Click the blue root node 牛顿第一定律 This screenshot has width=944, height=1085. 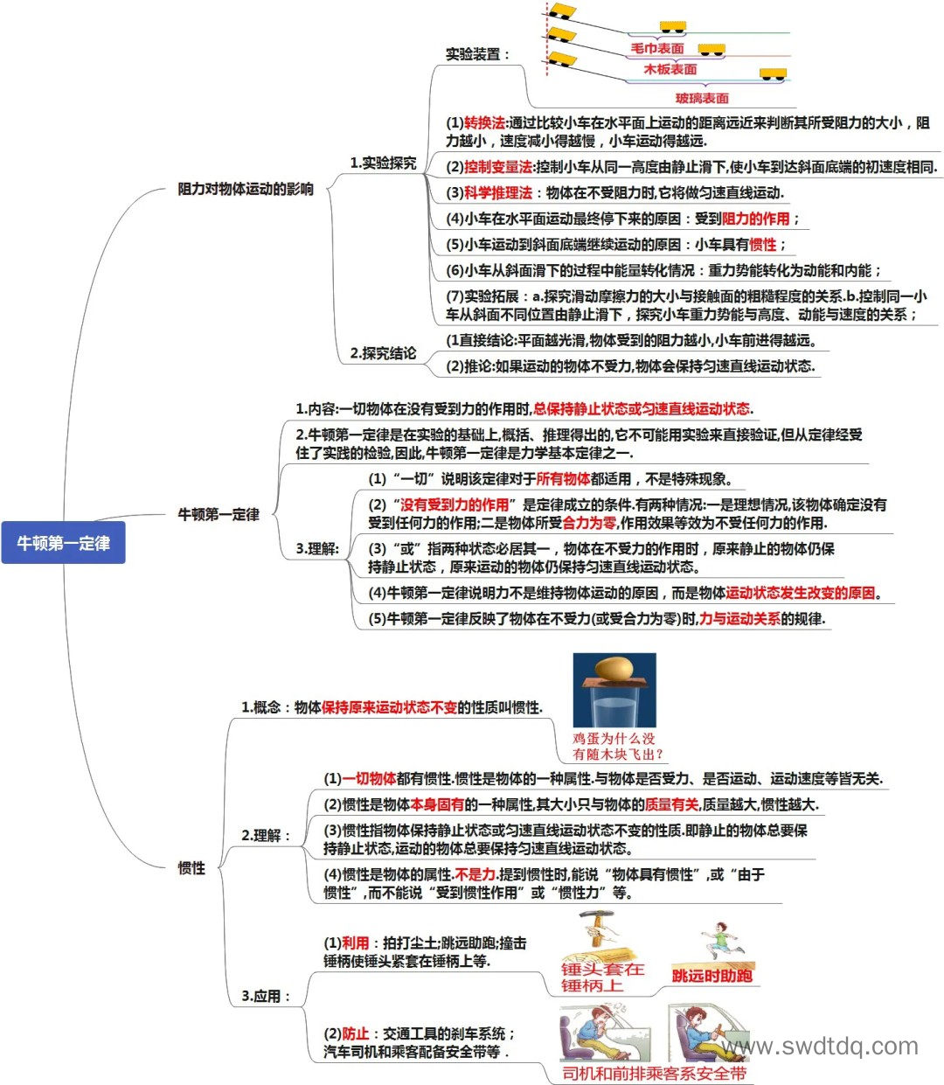coord(63,542)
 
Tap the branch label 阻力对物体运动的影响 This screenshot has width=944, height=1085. coord(246,189)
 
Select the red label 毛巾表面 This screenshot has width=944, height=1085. coord(656,48)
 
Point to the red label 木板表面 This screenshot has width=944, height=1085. coord(670,69)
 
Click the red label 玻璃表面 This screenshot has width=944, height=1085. coord(702,98)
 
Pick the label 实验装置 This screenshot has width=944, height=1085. coord(477,54)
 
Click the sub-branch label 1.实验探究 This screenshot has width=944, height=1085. coord(383,163)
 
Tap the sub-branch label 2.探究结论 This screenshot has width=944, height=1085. coord(383,352)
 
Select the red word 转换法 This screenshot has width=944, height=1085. coord(484,123)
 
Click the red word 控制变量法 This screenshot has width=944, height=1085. coord(498,167)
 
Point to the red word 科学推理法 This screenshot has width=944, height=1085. coord(498,192)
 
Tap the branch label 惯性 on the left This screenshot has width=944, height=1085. coord(191,868)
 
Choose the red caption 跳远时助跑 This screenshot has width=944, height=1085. coord(711,975)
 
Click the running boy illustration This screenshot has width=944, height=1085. coord(722,940)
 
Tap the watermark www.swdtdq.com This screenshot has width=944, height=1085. coord(819,1046)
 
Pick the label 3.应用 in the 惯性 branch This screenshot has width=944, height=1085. coord(266,996)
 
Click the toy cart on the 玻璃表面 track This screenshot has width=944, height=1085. coord(773,73)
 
